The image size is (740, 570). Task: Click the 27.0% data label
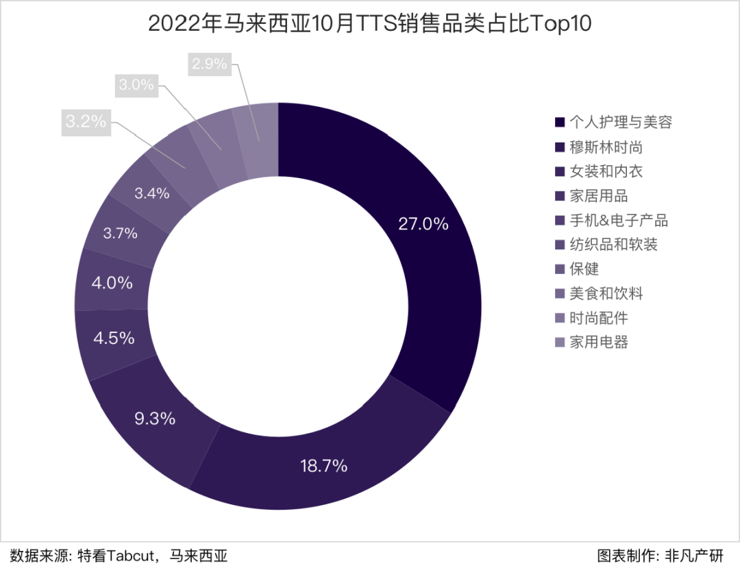(x=423, y=224)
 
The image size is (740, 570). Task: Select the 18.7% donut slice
(x=323, y=466)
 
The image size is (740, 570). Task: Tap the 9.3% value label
(x=155, y=418)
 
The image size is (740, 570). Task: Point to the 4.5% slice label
(x=113, y=338)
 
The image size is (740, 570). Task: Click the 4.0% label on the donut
(x=112, y=283)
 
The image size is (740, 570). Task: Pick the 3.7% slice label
(x=120, y=233)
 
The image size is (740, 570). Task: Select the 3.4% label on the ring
(x=151, y=193)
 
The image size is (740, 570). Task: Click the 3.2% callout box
(x=86, y=122)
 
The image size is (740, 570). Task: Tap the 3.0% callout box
(x=136, y=85)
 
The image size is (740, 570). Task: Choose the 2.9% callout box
(x=209, y=64)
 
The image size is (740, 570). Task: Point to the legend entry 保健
(x=584, y=269)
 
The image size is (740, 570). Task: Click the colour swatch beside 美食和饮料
(x=560, y=294)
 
